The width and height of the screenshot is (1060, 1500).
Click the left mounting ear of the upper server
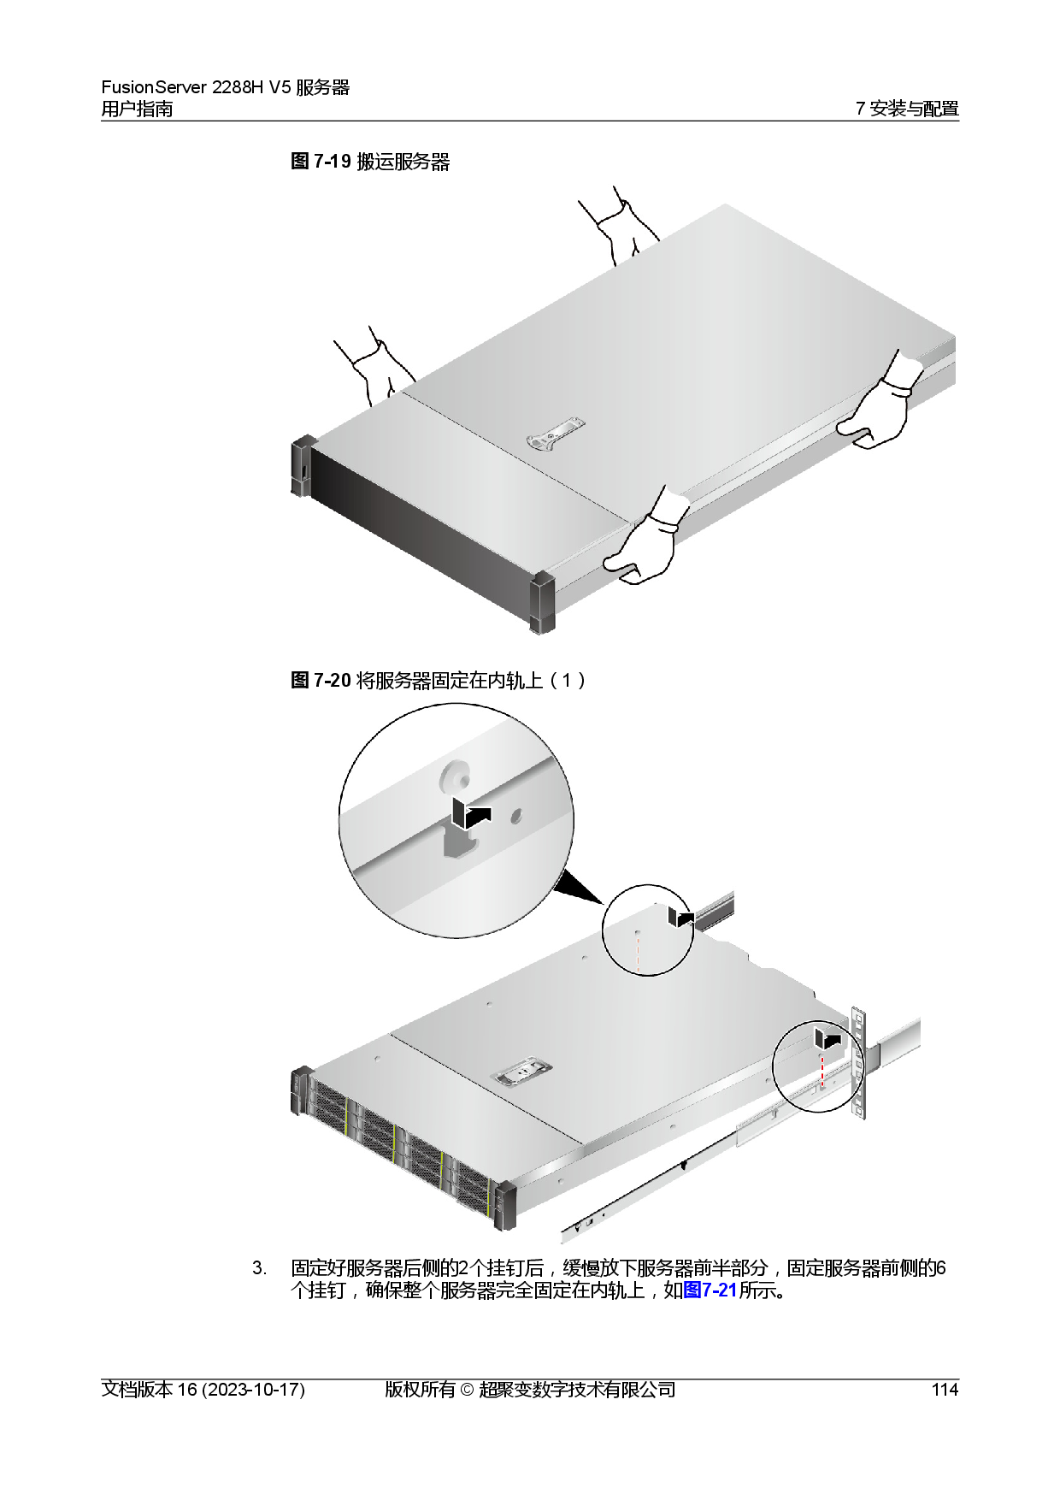(x=303, y=466)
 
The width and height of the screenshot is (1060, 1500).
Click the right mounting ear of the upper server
(x=542, y=603)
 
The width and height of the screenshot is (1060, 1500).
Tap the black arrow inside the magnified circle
(x=471, y=815)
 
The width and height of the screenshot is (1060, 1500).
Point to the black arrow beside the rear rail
(x=680, y=917)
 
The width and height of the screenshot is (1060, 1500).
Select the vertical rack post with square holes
(x=857, y=1065)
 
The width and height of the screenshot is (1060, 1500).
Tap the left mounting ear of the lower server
(x=300, y=1090)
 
